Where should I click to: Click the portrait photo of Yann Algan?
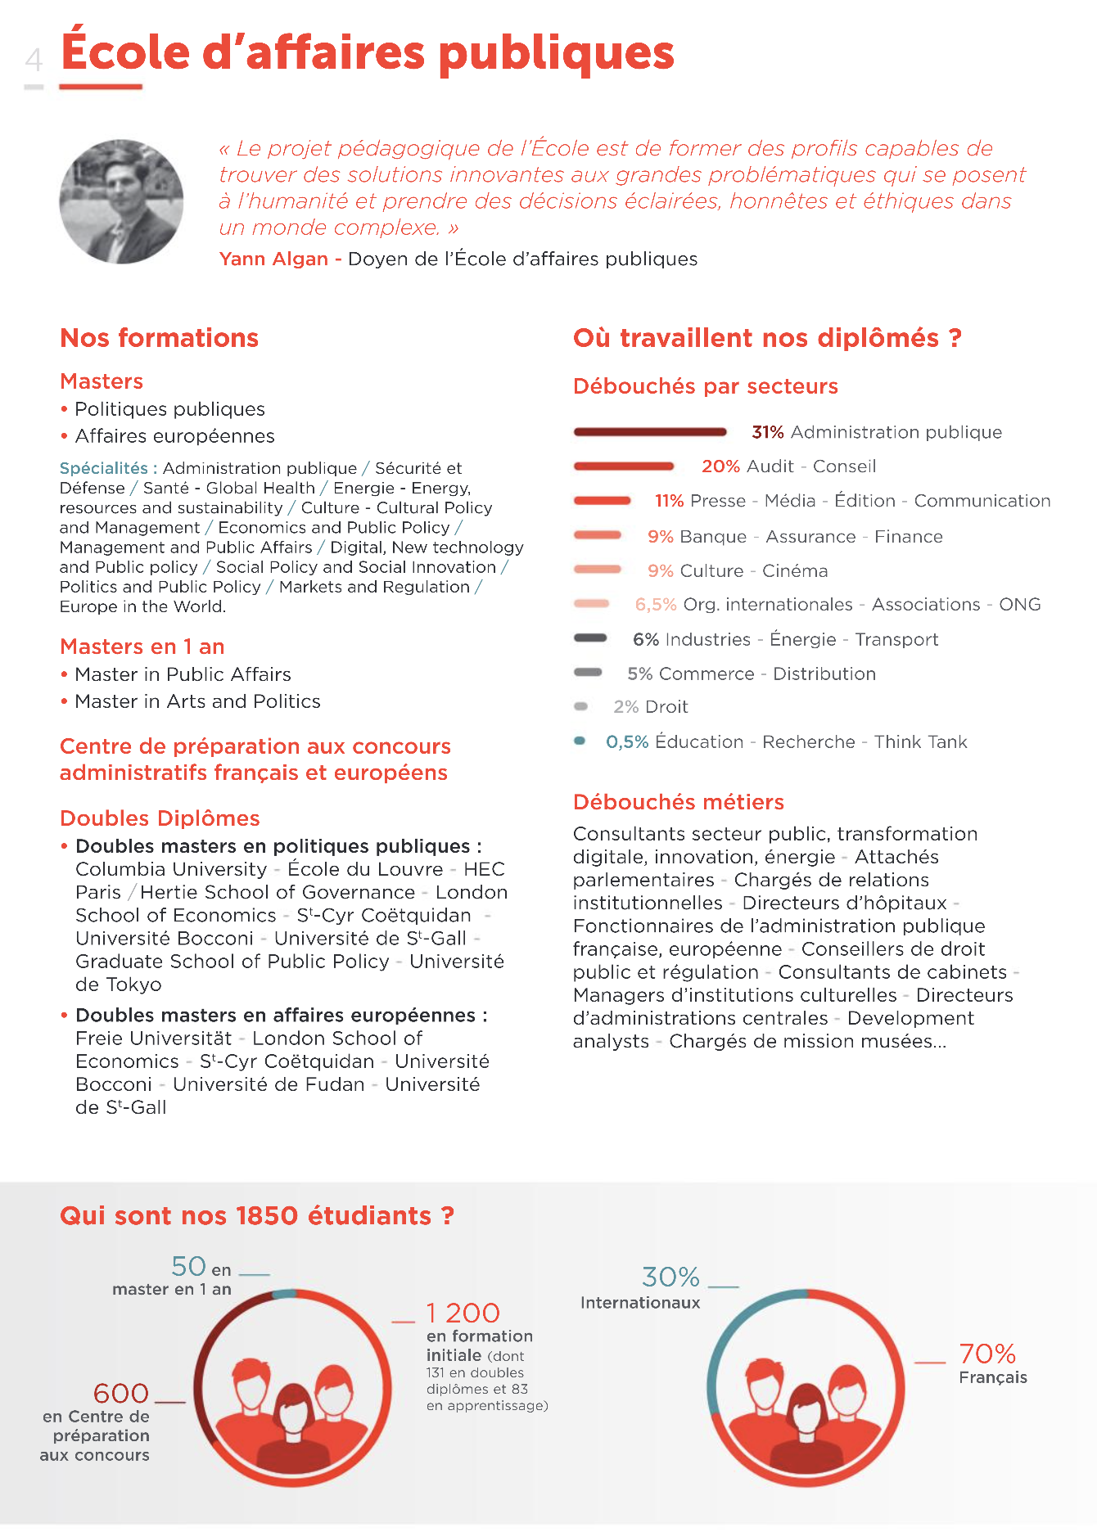121,201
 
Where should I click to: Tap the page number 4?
34,60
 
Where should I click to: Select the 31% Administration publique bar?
650,432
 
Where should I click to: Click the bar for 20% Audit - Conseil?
624,466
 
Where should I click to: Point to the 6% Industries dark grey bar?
590,638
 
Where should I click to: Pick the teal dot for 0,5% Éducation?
580,741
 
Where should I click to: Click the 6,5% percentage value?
656,605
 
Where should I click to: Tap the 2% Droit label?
651,707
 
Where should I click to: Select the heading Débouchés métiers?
678,802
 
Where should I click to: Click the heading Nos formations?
159,338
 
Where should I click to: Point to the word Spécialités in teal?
103,468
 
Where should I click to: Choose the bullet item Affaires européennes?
174,436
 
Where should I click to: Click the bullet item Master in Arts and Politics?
197,701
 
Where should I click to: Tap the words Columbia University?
171,869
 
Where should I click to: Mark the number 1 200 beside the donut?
463,1313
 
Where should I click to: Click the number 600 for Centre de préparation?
121,1393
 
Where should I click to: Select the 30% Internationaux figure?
670,1277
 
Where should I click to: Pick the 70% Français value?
987,1354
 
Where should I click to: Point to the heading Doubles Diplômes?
160,818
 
